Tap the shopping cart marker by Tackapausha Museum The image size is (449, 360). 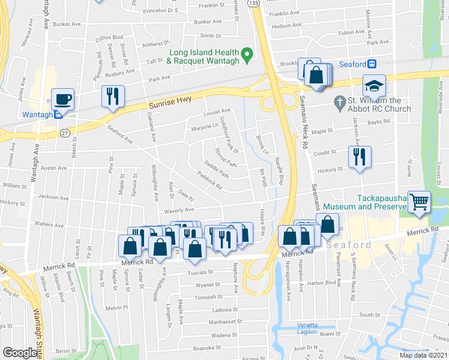tap(418, 201)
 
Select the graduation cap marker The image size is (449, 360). tap(374, 86)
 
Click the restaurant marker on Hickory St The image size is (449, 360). tap(359, 158)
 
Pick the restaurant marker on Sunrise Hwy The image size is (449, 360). tap(113, 96)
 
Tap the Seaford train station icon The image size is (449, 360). tap(372, 65)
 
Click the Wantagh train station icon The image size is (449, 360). tap(58, 115)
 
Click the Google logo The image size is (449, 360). tap(20, 353)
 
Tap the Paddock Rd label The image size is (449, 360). tap(210, 181)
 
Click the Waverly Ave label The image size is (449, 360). tap(181, 210)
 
